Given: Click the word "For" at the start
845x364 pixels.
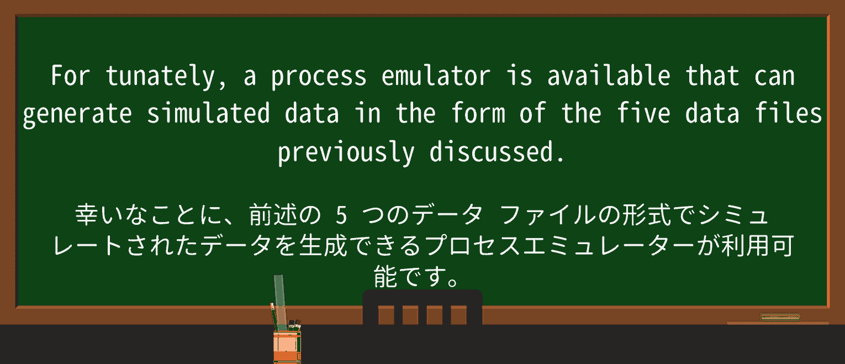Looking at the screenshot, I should (70, 76).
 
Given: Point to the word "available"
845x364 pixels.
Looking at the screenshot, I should (609, 76).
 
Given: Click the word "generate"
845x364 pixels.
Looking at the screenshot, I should (77, 114).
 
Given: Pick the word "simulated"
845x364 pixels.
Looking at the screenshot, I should (208, 113).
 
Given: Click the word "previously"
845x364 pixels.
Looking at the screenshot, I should (346, 152).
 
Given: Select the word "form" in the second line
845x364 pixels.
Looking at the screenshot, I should (478, 113).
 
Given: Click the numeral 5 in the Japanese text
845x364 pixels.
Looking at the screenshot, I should (341, 216).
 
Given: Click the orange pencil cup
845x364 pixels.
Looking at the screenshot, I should (287, 345).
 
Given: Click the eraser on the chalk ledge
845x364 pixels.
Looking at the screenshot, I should (780, 317).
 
